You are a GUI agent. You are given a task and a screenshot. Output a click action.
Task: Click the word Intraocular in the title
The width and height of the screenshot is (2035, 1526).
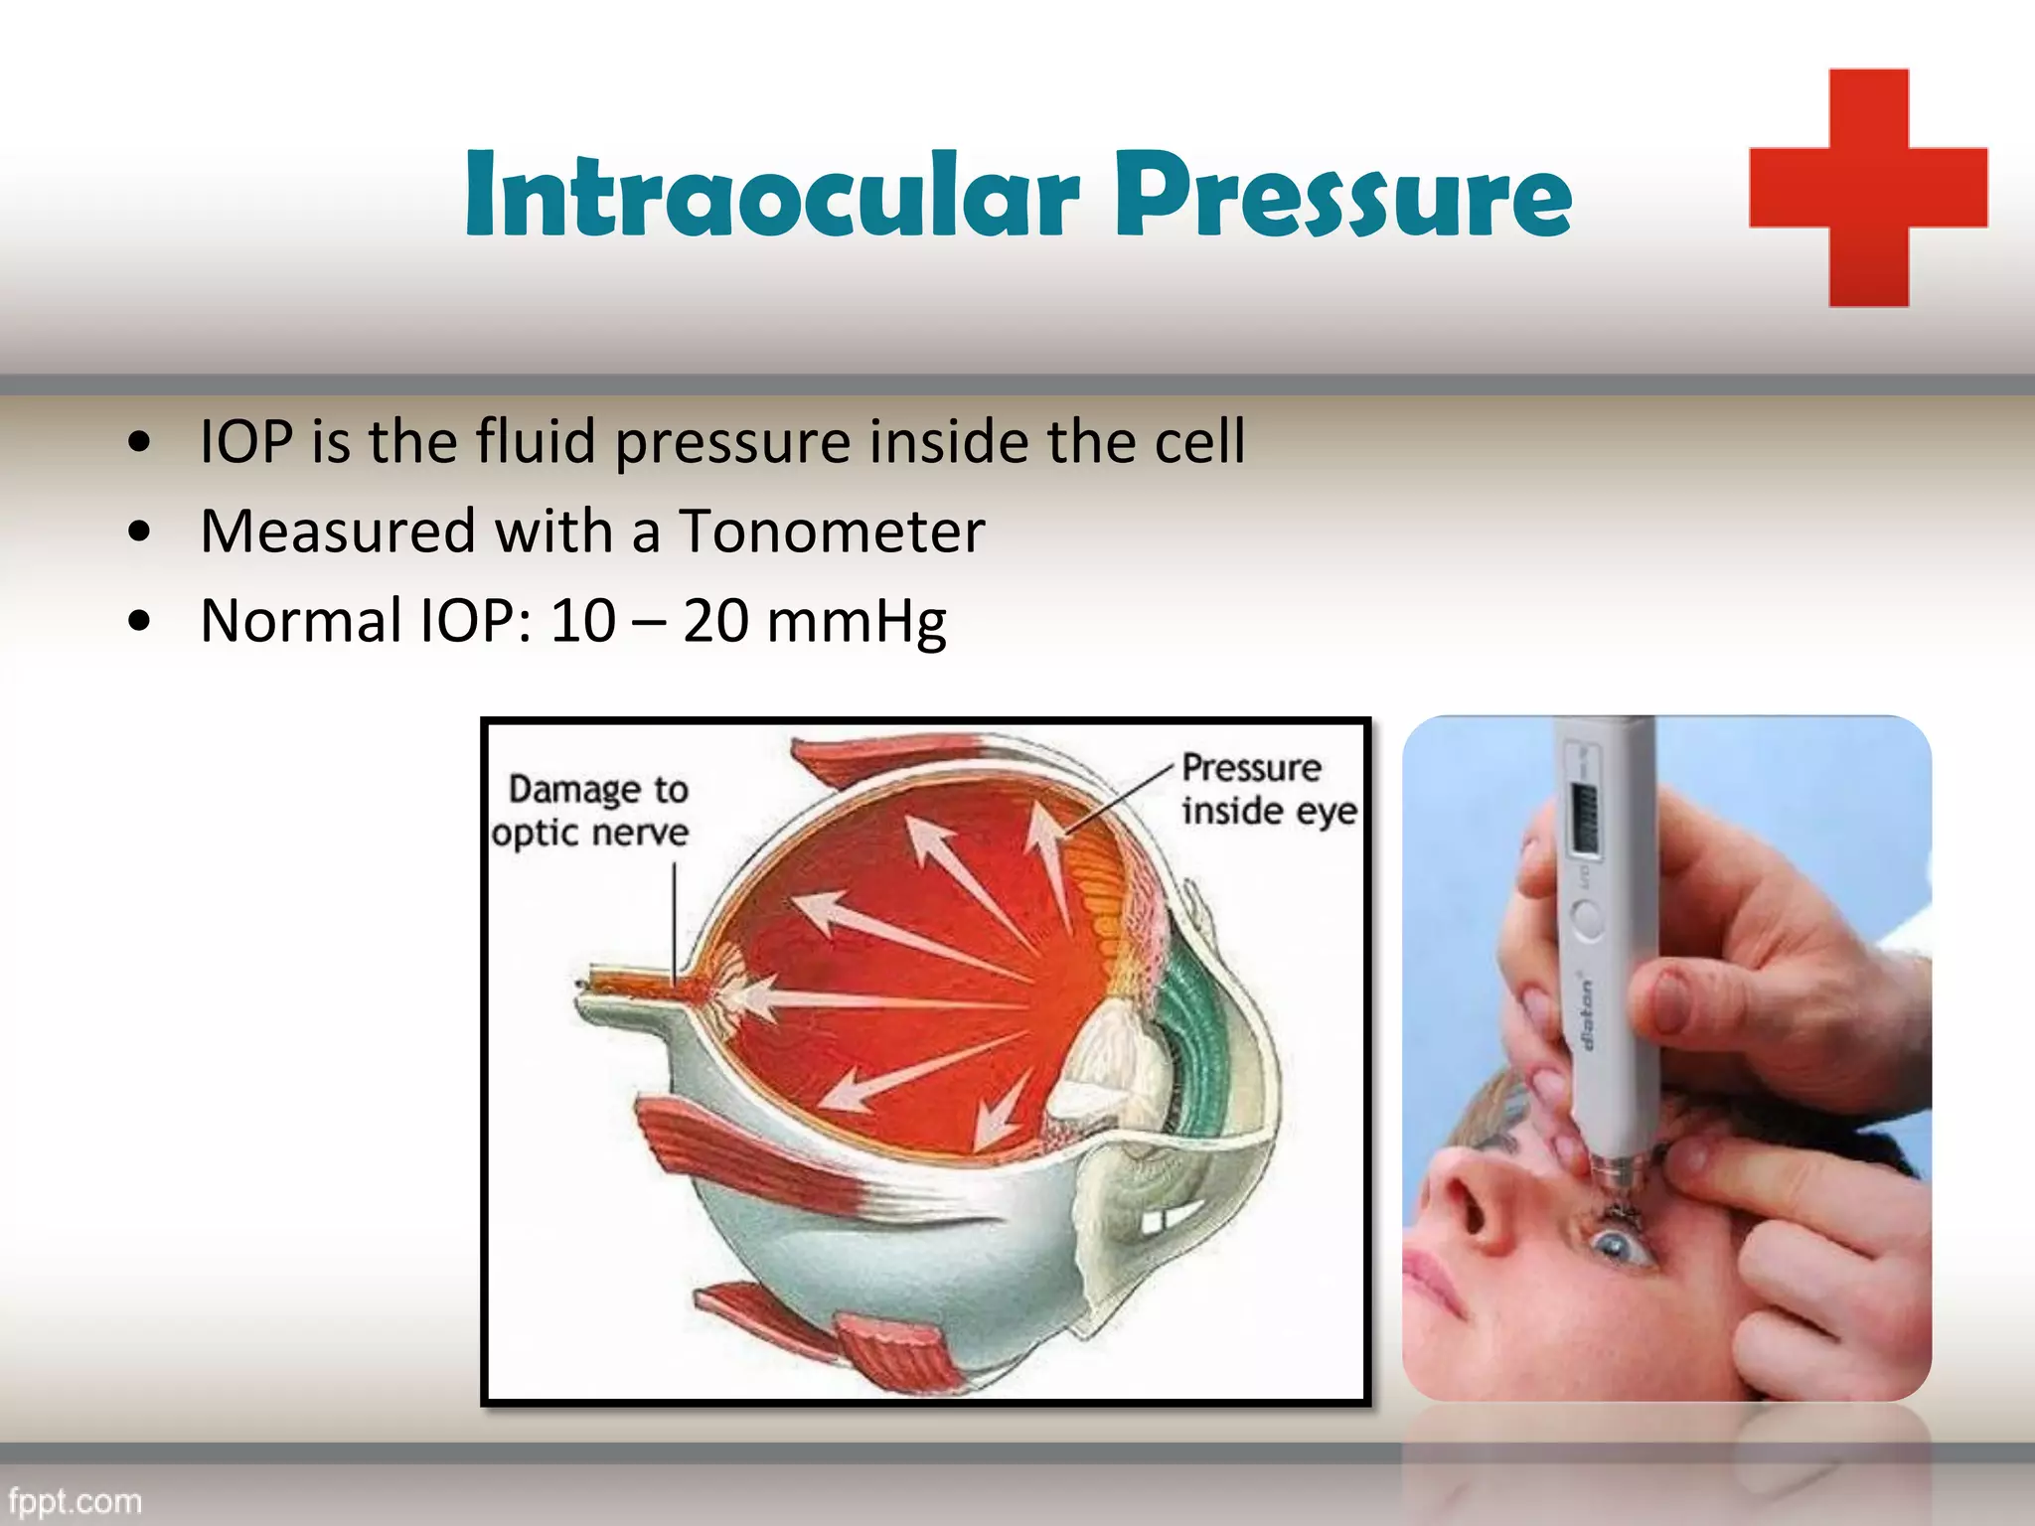771,195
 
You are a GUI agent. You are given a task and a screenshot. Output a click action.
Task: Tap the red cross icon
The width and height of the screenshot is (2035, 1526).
1868,188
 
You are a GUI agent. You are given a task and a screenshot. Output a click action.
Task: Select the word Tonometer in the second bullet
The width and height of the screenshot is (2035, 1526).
831,531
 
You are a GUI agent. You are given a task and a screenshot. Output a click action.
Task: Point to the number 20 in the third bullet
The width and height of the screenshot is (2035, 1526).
715,621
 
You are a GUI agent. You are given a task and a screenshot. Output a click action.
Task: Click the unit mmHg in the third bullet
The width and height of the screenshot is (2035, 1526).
857,623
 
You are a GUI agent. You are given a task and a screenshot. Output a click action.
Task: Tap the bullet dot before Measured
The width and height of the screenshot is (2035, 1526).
140,532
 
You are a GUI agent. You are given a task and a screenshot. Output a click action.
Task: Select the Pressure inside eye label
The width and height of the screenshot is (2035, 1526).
1267,789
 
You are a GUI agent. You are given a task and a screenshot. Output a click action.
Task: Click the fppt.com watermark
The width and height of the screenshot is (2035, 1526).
76,1500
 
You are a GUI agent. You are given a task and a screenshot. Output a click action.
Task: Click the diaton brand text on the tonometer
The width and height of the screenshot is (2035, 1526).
1587,1013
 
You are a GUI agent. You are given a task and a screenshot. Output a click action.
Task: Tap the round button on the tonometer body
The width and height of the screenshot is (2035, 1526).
1588,918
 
